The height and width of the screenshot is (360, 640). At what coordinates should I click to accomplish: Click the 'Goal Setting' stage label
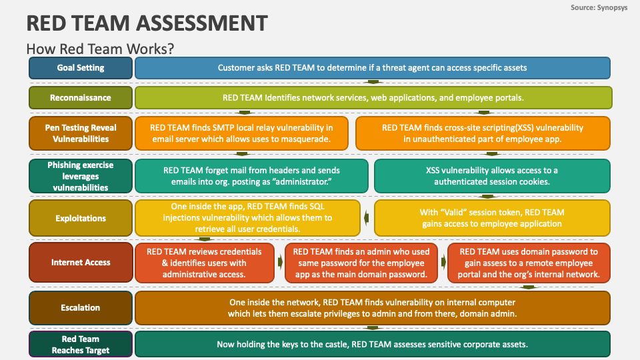(81, 68)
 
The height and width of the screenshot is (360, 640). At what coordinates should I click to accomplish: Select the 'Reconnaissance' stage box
(81, 97)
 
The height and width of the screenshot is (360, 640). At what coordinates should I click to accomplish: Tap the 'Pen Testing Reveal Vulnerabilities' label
(81, 133)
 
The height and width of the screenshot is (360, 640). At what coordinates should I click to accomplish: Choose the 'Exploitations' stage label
(81, 218)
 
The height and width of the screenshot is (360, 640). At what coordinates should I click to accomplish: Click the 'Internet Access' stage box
(81, 263)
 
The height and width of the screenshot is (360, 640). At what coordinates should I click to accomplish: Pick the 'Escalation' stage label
(81, 308)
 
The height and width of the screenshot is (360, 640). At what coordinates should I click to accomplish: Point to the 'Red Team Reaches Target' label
(81, 344)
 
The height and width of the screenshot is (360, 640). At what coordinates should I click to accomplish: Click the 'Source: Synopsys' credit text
(599, 7)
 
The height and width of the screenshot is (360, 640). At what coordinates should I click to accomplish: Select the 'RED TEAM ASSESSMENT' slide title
(147, 23)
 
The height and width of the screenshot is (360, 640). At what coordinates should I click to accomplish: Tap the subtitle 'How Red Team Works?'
(100, 49)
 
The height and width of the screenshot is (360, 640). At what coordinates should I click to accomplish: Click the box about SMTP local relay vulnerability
(241, 133)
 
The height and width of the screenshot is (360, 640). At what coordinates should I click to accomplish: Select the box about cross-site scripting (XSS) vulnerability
(483, 133)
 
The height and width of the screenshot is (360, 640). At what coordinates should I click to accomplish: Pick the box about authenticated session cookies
(492, 176)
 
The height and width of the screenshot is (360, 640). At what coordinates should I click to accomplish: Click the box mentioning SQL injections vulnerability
(248, 218)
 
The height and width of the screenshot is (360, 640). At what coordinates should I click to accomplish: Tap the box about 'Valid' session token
(492, 218)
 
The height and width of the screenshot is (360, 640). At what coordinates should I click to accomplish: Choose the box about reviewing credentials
(205, 263)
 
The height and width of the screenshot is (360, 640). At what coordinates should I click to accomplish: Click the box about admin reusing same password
(361, 263)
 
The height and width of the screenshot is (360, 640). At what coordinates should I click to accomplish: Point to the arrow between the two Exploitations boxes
(367, 218)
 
